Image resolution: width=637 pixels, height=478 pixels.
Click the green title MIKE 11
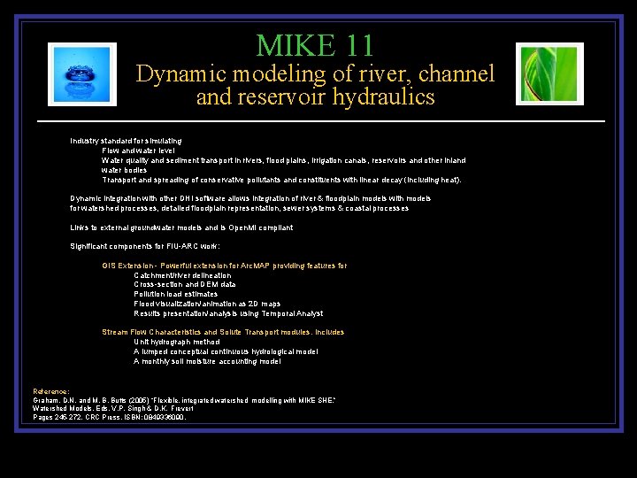click(x=315, y=44)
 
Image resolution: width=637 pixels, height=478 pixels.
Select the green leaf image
click(x=549, y=74)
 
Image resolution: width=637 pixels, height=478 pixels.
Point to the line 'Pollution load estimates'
click(x=175, y=294)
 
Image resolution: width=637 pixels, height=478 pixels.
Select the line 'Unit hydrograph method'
click(x=177, y=342)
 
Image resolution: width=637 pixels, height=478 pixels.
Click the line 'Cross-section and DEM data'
click(x=185, y=284)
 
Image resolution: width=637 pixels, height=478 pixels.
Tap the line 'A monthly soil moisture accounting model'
click(x=208, y=361)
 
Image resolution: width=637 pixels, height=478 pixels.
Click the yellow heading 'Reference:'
click(x=51, y=390)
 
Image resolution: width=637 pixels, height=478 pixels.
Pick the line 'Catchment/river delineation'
click(x=182, y=275)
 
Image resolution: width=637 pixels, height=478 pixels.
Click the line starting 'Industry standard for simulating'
click(x=127, y=141)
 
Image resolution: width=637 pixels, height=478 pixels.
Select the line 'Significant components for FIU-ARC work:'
click(x=145, y=246)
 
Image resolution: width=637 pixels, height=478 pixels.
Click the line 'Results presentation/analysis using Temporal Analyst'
click(x=228, y=313)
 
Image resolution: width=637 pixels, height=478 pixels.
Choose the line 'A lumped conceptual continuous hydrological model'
click(x=226, y=351)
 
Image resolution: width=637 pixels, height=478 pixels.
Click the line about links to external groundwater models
click(x=181, y=227)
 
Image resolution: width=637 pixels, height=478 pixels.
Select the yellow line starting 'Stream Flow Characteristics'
click(x=223, y=332)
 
